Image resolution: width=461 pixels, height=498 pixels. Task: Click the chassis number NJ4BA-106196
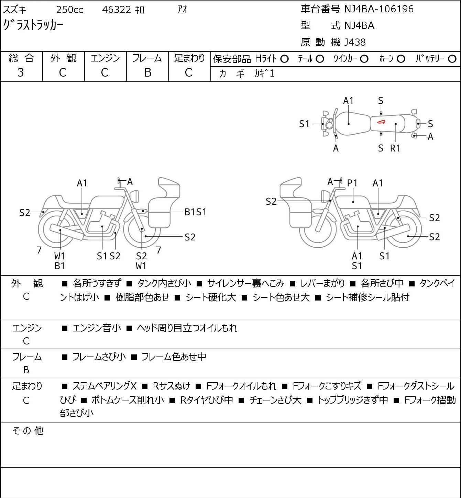pos(378,9)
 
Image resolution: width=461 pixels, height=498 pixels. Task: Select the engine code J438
pos(355,42)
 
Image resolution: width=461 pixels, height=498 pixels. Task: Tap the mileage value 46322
pos(116,10)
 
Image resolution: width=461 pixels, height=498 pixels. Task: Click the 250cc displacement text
pos(69,10)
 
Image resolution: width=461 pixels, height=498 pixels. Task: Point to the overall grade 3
pos(21,72)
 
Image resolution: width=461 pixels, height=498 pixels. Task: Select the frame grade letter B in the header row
pos(147,72)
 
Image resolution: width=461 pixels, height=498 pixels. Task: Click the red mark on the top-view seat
pos(381,122)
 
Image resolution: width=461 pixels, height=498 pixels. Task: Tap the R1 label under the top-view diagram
pos(395,148)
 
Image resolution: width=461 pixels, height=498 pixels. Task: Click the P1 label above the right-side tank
pos(352,183)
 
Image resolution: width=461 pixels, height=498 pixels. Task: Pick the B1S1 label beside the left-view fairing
pos(195,212)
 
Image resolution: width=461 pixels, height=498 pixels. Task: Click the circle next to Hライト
pos(284,59)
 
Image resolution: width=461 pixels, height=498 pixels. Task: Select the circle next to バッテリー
pos(452,59)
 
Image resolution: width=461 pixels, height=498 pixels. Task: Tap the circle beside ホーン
pos(401,59)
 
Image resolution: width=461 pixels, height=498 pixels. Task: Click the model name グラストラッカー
pos(33,25)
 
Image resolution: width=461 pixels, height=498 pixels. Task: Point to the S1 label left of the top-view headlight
pos(304,124)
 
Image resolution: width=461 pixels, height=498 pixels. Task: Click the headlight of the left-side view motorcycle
pos(134,196)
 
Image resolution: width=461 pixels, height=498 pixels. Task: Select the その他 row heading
pos(28,431)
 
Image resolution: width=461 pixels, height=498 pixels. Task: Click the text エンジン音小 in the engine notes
pos(97,328)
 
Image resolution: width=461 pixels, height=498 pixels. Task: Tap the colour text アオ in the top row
pos(182,9)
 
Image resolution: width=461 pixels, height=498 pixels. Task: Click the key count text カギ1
pos(264,73)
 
